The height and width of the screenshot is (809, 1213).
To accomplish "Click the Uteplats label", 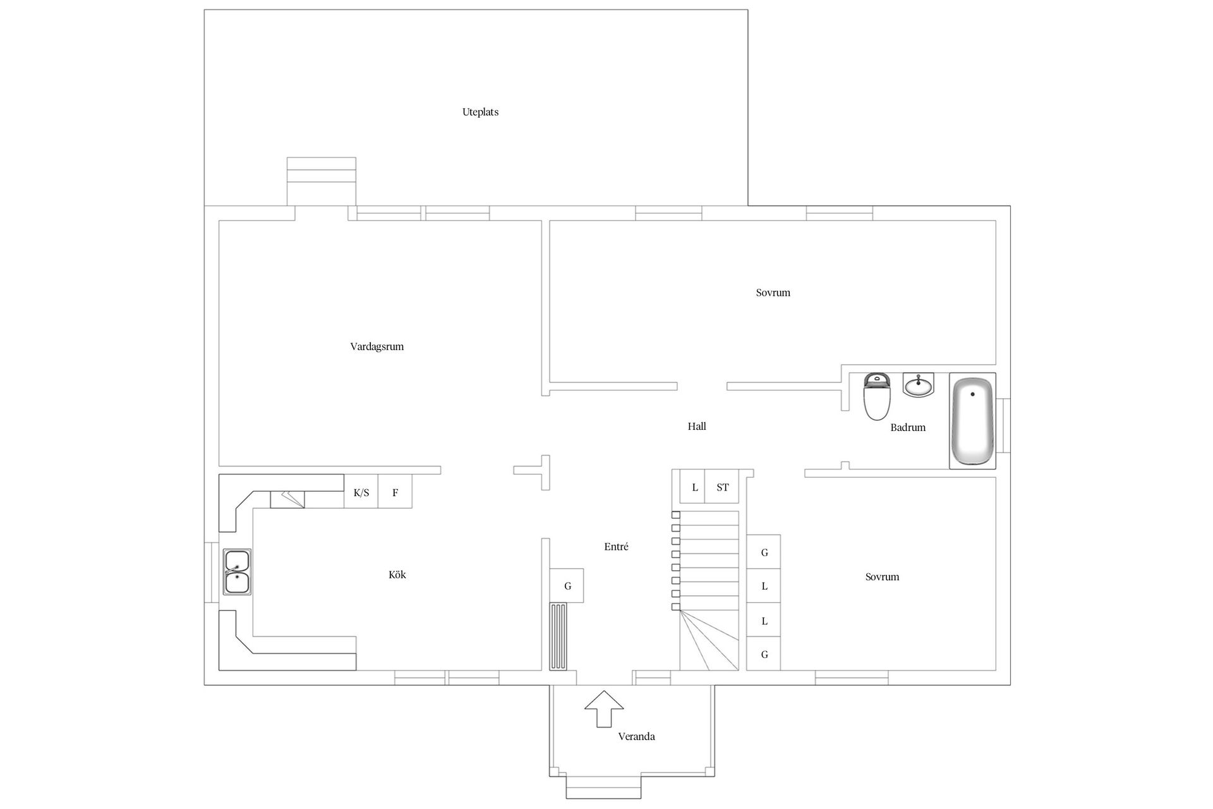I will coord(480,113).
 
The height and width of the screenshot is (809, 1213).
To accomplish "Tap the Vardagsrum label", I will coord(377,346).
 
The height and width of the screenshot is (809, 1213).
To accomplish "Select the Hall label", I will coord(697,427).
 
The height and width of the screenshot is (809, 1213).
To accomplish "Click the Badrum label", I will coord(908,428).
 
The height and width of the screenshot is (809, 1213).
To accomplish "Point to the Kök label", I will coord(397,575).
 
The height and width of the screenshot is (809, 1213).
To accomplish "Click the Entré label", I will coord(616,547).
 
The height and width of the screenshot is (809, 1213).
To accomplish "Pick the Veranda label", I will coord(636,736).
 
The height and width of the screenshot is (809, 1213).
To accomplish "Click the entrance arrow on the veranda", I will coord(604,709).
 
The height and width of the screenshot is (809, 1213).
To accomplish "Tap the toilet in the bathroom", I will coord(877,396).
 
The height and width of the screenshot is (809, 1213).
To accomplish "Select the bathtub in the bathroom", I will coord(972,421).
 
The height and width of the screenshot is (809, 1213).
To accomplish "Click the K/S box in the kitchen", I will coord(361,492).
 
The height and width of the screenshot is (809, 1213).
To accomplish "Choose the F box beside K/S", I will coord(395,492).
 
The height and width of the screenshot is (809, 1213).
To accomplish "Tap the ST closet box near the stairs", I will coord(722,487).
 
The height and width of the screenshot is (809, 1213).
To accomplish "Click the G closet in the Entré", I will coord(567,586).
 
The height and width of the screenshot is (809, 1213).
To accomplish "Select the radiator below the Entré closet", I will coord(558,636).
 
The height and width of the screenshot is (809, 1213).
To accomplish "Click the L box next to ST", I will coord(694,487).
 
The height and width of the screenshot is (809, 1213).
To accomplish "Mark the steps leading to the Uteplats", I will coord(322,181).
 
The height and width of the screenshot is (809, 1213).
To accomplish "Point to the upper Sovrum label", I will coord(773,293).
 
